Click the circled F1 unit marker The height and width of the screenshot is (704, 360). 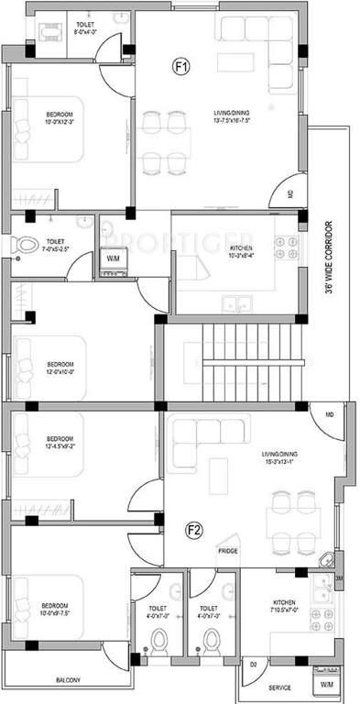point(182,66)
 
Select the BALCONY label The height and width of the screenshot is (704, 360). point(66,679)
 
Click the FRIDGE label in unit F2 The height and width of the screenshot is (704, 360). point(228,551)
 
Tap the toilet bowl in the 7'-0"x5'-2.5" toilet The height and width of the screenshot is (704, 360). point(22,246)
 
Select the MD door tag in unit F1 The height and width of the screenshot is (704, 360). point(290,193)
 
